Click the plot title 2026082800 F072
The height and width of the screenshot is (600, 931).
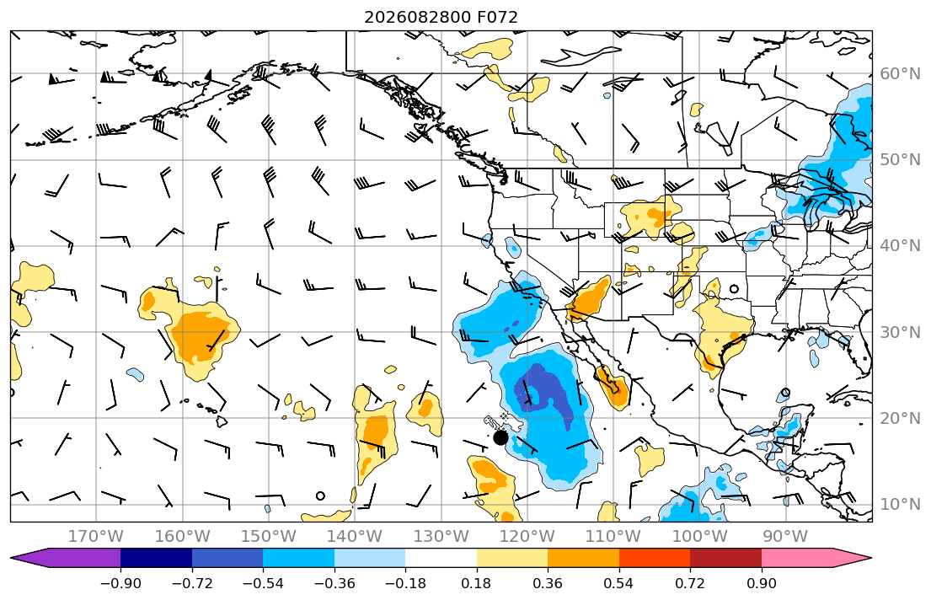[x=441, y=17]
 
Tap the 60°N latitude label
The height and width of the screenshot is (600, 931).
[x=900, y=73]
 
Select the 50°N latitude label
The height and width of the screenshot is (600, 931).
[x=900, y=160]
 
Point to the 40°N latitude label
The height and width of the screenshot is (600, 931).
[x=900, y=246]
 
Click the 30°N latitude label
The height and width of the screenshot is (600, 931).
[x=900, y=332]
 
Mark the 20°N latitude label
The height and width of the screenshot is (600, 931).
[x=900, y=418]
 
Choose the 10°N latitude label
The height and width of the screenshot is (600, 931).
[x=900, y=505]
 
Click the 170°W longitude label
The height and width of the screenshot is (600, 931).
[x=96, y=537]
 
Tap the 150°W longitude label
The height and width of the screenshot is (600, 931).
[x=269, y=537]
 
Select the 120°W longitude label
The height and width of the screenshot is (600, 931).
[x=527, y=537]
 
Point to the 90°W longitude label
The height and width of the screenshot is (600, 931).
[x=785, y=537]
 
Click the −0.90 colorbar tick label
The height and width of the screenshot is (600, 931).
[x=120, y=584]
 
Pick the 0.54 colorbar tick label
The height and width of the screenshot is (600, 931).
[x=618, y=584]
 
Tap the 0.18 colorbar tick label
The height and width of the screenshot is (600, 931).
[x=476, y=584]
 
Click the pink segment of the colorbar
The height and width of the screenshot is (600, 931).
[x=797, y=558]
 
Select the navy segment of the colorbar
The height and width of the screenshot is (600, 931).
[x=156, y=558]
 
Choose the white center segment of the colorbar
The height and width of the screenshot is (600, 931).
[x=441, y=558]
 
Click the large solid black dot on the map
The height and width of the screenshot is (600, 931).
[x=500, y=438]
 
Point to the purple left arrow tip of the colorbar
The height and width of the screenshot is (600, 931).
[x=12, y=558]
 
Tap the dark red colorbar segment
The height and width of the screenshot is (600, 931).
[x=725, y=558]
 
